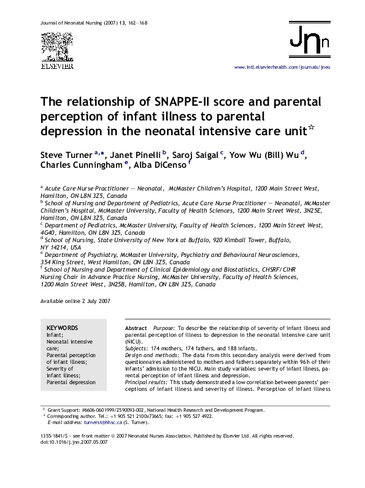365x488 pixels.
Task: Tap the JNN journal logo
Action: [309, 42]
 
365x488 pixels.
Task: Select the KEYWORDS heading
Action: [62, 328]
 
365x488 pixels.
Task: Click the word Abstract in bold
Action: [136, 328]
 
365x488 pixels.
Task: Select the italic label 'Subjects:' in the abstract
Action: [137, 348]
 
